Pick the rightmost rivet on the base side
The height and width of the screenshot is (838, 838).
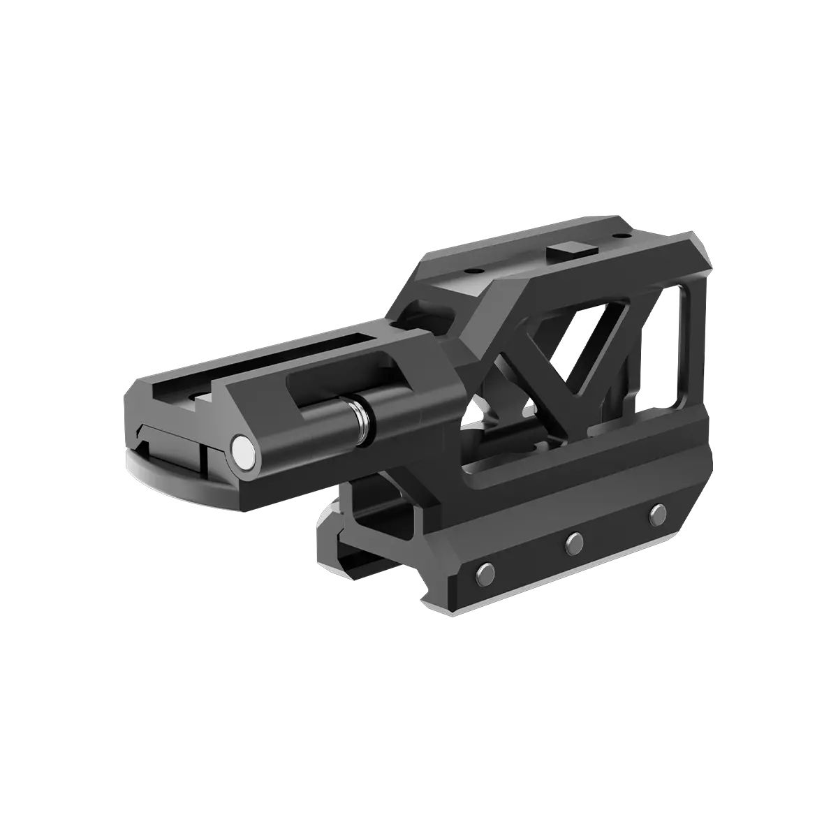[656, 513]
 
